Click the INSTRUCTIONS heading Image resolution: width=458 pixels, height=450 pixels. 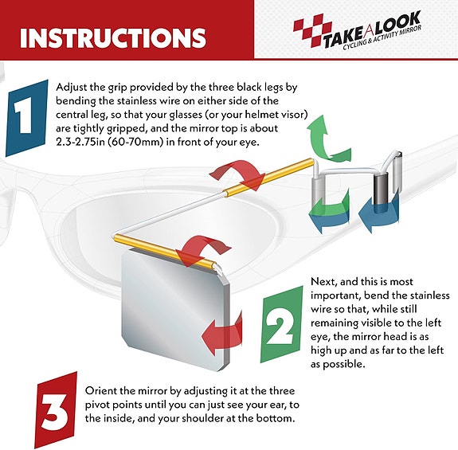tap(113, 38)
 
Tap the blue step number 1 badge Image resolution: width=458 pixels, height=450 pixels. tap(26, 118)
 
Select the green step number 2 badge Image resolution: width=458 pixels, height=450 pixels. tap(281, 324)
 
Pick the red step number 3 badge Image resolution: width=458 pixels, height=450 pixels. tap(56, 410)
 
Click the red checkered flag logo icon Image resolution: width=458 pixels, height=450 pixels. tap(312, 32)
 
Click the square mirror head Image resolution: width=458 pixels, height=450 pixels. tap(175, 310)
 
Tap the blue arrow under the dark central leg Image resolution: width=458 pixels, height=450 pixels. tap(378, 213)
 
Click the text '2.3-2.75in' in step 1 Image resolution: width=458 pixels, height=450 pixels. tap(80, 143)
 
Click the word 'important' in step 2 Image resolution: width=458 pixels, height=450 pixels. tap(335, 295)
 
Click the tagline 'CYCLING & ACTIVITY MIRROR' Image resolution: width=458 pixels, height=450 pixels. tap(382, 37)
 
